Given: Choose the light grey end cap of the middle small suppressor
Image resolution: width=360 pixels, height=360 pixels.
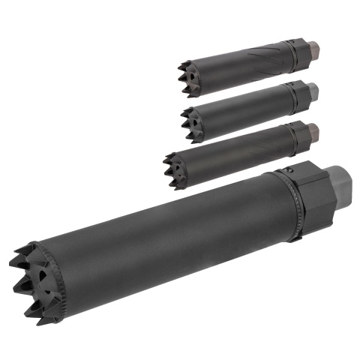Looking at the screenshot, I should (x=313, y=91).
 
